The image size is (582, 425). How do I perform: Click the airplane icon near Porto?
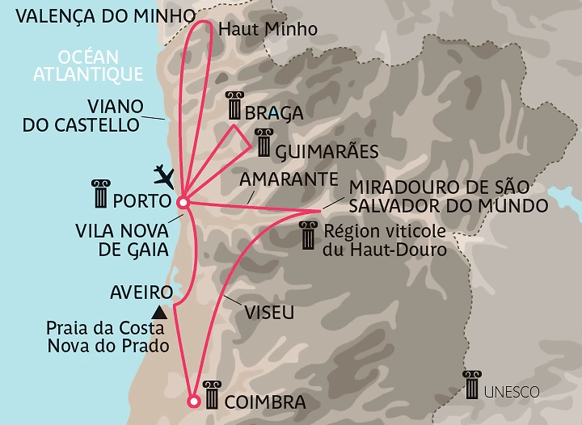[x=165, y=174]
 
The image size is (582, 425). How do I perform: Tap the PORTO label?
[x=141, y=198]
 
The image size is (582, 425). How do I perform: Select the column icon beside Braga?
[x=235, y=106]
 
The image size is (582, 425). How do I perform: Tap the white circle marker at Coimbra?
[x=193, y=401]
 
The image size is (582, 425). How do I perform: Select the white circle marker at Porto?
[x=183, y=202]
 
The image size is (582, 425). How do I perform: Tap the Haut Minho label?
[x=267, y=29]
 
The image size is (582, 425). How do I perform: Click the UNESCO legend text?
[x=512, y=392]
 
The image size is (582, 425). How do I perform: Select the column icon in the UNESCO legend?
[x=470, y=385]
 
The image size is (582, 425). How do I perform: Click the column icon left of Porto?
[x=102, y=194]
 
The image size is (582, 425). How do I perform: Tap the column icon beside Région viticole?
[x=308, y=236]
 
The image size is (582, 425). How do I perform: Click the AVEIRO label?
[x=141, y=292]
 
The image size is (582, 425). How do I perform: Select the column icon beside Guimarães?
[x=262, y=143]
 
